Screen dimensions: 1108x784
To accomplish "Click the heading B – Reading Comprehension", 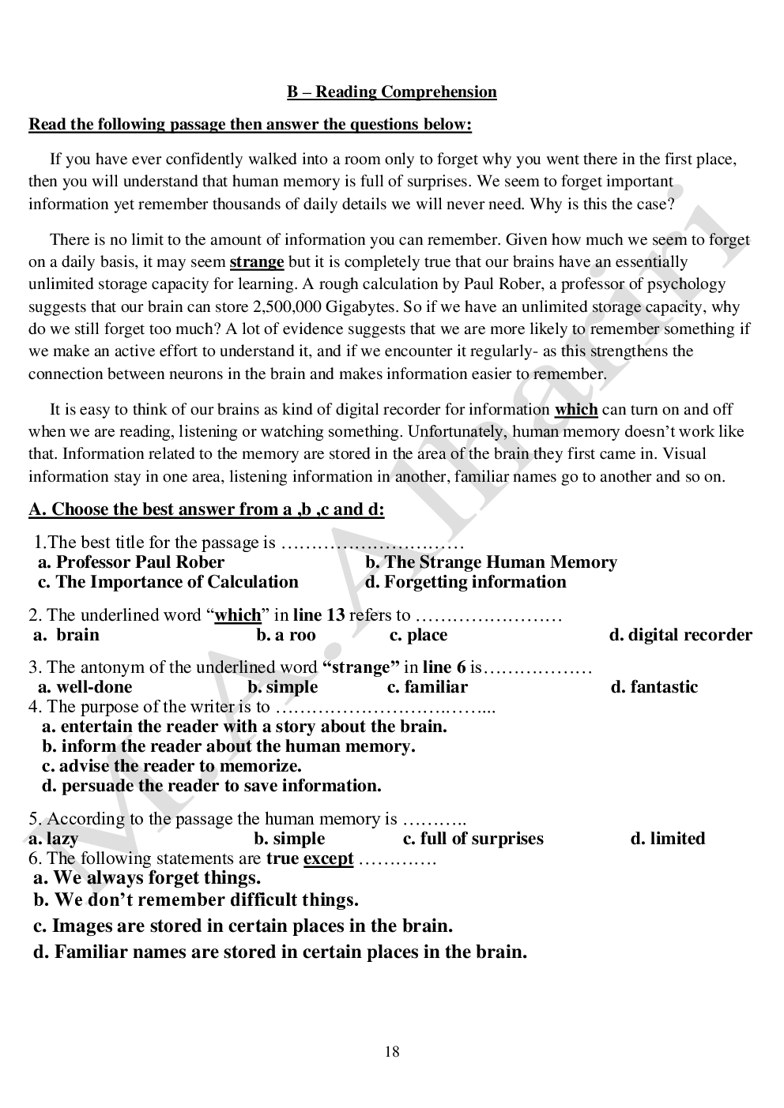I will (391, 92).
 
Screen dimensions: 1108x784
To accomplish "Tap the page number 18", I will (392, 1051).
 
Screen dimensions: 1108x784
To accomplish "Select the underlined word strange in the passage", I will (256, 262).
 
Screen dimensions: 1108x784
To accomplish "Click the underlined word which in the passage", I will (575, 410).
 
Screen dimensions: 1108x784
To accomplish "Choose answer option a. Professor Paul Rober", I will (131, 562).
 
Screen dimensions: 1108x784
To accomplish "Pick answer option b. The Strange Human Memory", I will (490, 562).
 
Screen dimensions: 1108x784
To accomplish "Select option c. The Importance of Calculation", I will (168, 582).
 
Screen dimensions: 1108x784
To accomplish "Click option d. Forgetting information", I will (465, 582).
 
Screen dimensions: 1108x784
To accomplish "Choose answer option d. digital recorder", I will (680, 635).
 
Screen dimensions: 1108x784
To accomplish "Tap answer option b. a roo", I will (285, 635).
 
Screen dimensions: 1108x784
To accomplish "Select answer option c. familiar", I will (427, 687).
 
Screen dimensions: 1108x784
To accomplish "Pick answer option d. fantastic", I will (654, 687).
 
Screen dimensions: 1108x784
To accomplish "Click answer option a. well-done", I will (85, 687).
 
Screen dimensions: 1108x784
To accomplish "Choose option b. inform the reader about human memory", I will (228, 746).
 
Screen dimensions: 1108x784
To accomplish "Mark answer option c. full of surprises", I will (473, 839).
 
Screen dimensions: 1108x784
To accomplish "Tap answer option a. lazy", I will (53, 839).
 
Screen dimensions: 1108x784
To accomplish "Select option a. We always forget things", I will (147, 878).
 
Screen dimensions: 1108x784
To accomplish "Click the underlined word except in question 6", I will (328, 858).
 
